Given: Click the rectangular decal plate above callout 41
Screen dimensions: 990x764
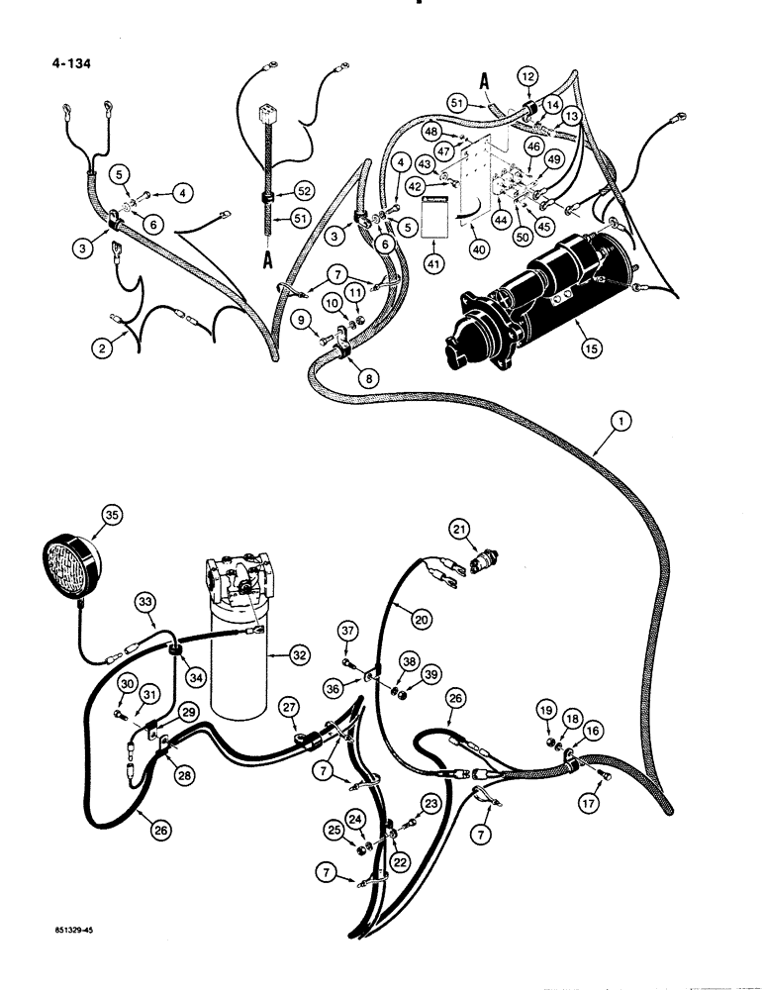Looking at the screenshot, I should [433, 218].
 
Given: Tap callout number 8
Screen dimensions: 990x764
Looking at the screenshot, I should [345, 376].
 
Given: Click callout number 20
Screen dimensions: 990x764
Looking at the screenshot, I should [422, 617].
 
